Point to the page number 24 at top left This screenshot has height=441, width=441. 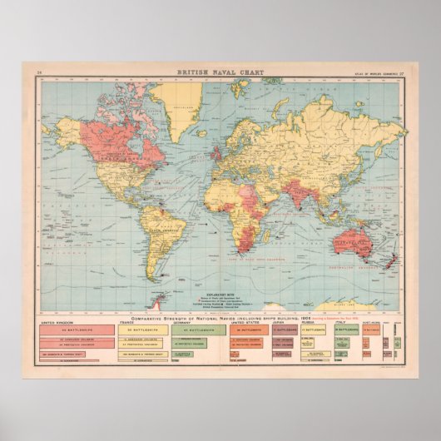(39, 74)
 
